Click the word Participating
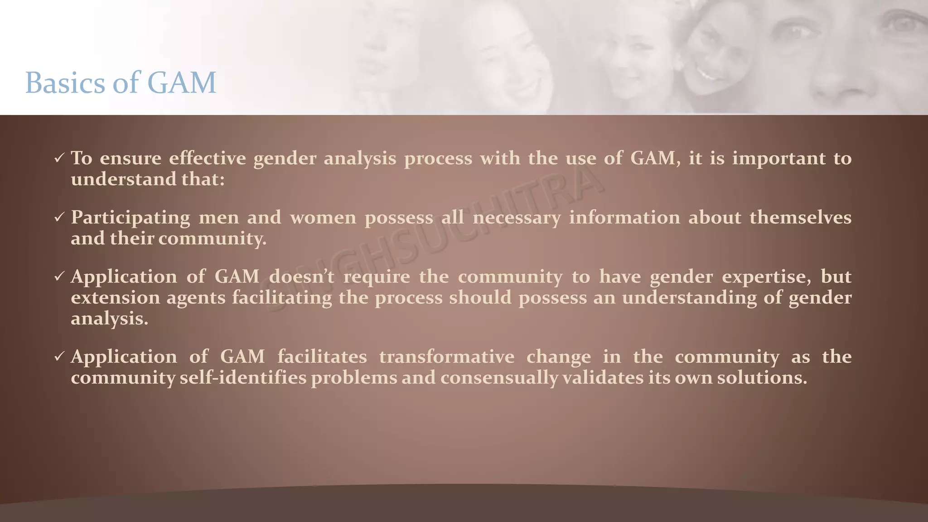click(130, 218)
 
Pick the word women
click(323, 218)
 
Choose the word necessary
click(517, 218)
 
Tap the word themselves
click(800, 218)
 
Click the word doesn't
click(301, 277)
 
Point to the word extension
click(116, 298)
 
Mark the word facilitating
click(282, 298)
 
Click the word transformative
click(447, 357)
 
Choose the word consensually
click(499, 378)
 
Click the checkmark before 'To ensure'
click(59, 158)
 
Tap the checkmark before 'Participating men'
click(59, 218)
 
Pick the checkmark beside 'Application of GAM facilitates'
click(59, 357)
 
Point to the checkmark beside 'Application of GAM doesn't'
click(59, 277)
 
